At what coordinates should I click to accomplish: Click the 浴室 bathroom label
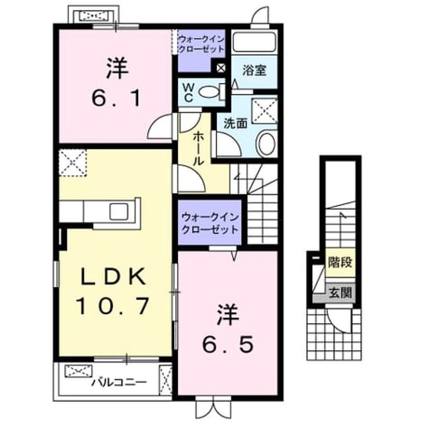click(254, 70)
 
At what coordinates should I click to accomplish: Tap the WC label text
click(188, 93)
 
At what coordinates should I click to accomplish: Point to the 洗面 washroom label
click(235, 124)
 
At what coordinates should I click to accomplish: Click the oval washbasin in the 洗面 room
click(267, 143)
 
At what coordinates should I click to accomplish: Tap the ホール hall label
click(198, 148)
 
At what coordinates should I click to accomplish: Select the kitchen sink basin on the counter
click(119, 211)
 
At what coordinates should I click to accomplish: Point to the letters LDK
click(113, 276)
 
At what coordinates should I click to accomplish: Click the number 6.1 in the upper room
click(116, 98)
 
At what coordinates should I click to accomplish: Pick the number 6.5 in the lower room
click(228, 344)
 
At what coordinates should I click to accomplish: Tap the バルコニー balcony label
click(119, 382)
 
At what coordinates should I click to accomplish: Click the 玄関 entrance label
click(340, 293)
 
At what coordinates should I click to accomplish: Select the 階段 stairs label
click(340, 262)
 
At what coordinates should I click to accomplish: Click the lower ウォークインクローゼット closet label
click(210, 223)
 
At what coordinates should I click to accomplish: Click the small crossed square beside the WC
click(221, 68)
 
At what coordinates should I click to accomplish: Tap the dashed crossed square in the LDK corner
click(73, 163)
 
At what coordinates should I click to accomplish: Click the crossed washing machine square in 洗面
click(264, 111)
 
